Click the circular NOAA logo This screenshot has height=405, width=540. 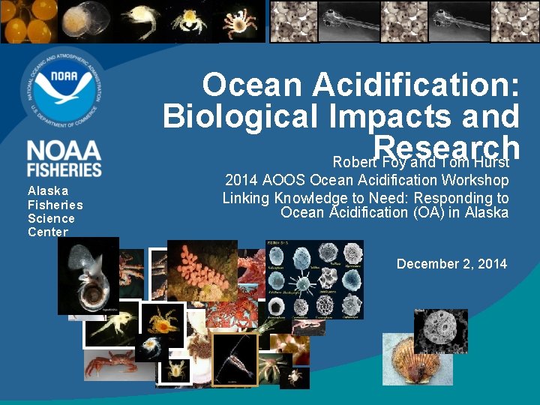pos(64,89)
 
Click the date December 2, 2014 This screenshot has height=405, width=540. pos(451,263)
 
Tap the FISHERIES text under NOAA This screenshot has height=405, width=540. pos(64,169)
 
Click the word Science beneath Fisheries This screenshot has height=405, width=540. pos(51,218)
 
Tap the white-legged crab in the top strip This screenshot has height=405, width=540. pos(239,22)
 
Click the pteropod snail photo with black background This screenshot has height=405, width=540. pos(88,275)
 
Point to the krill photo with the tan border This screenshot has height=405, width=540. pos(235,358)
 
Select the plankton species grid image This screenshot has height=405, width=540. pos(314,279)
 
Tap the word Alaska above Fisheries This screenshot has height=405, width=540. pos(48,190)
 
